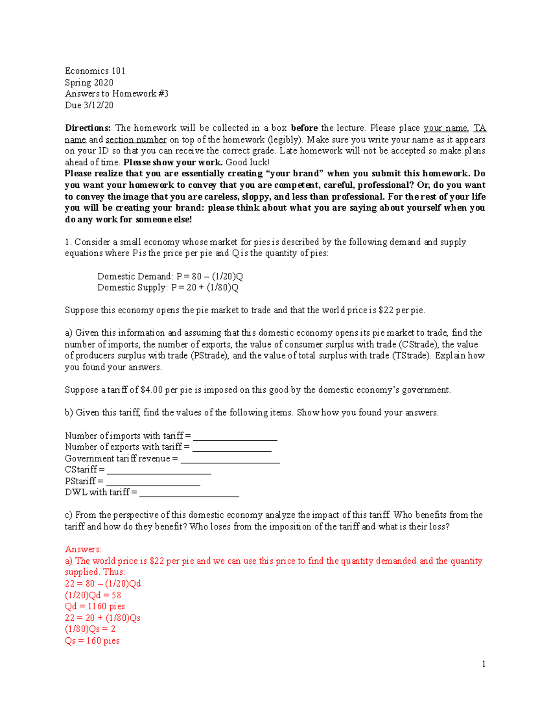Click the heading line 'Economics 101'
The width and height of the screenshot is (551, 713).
pyautogui.click(x=95, y=71)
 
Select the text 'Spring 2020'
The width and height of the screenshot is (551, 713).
pyautogui.click(x=89, y=82)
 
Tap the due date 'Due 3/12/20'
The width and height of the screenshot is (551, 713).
pyautogui.click(x=89, y=105)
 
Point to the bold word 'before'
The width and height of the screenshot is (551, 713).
pyautogui.click(x=304, y=128)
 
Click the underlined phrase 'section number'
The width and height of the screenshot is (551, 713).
pyautogui.click(x=136, y=140)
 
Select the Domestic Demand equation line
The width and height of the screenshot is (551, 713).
pyautogui.click(x=170, y=276)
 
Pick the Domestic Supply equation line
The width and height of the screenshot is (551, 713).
pyautogui.click(x=168, y=287)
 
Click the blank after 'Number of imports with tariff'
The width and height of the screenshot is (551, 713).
pyautogui.click(x=235, y=436)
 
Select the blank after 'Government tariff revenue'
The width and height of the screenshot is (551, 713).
pyautogui.click(x=230, y=459)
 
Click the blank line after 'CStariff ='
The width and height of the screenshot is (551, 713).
pyautogui.click(x=159, y=470)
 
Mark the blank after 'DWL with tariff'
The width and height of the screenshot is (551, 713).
pyautogui.click(x=189, y=493)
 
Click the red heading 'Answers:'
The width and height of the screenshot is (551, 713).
pyautogui.click(x=83, y=550)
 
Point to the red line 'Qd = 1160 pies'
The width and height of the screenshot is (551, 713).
pyautogui.click(x=95, y=606)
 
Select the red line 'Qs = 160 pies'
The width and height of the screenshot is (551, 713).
pyautogui.click(x=92, y=641)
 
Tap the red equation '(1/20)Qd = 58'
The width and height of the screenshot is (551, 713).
pyautogui.click(x=93, y=595)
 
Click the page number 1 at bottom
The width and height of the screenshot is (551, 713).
pyautogui.click(x=484, y=664)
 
